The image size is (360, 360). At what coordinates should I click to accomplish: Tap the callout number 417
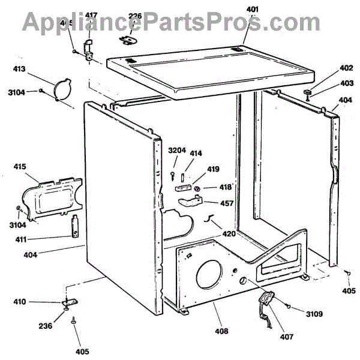[91, 31]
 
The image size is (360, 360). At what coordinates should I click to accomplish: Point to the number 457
[226, 203]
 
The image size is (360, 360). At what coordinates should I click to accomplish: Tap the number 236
[46, 326]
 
